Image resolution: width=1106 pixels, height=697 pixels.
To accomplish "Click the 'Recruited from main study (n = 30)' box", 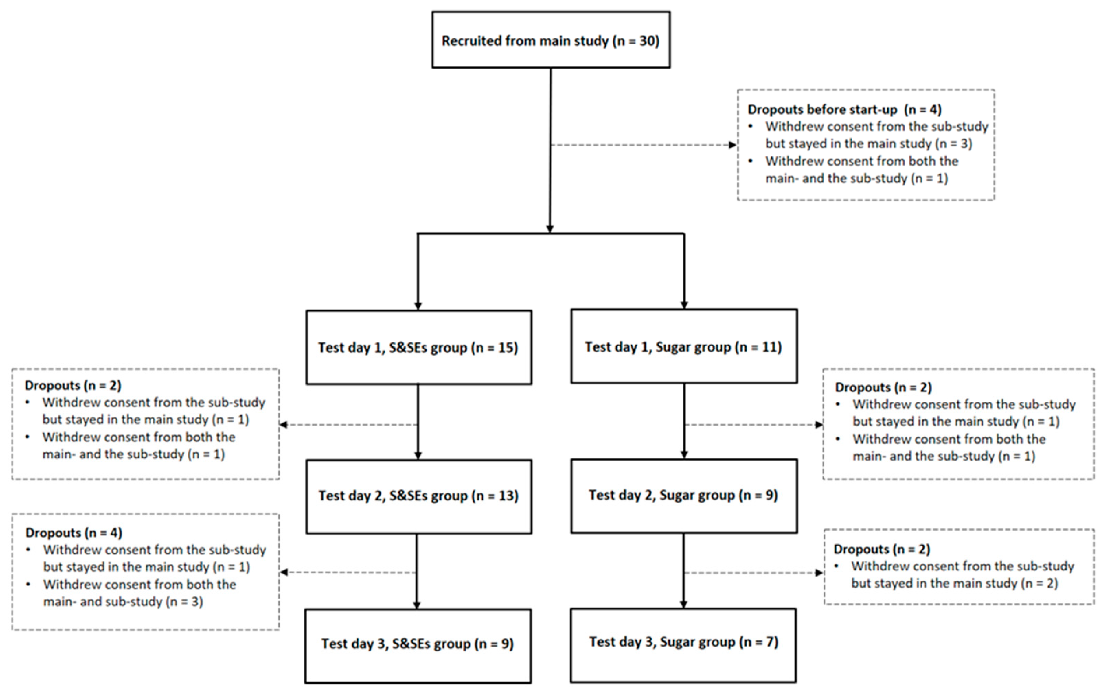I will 550,40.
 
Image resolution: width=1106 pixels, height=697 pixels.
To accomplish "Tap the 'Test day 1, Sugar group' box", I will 683,346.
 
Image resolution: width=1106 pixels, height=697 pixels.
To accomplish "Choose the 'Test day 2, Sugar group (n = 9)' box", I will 683,495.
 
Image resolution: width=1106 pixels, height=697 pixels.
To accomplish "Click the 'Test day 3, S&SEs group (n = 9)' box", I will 417,644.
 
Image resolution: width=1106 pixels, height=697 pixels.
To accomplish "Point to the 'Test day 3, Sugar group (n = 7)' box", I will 683,642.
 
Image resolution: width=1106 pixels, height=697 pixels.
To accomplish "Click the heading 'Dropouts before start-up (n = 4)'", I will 844,109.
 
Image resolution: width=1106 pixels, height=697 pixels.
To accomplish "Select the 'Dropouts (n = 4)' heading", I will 73,533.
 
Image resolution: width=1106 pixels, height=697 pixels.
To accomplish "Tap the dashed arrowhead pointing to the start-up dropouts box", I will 733,145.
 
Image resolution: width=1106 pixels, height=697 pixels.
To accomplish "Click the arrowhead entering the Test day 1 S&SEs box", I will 418,306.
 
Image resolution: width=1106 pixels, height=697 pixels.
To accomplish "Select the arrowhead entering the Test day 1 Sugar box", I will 684,305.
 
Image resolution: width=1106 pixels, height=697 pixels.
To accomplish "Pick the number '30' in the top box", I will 648,41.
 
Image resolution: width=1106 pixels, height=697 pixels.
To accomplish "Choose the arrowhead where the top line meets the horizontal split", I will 550,229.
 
